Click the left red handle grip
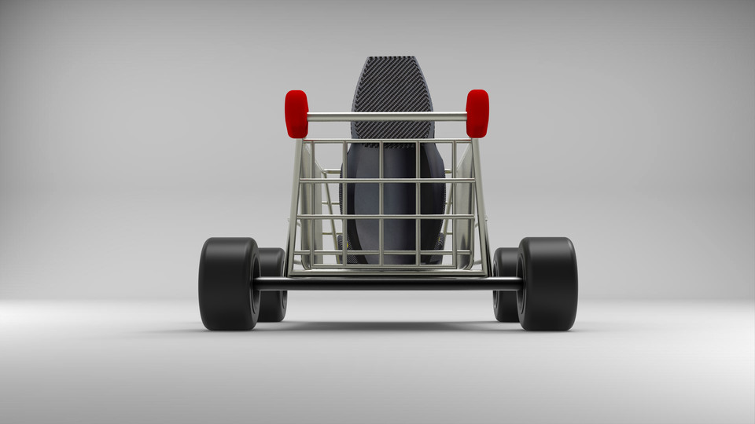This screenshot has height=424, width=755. [x=296, y=114]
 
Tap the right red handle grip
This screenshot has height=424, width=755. [x=477, y=113]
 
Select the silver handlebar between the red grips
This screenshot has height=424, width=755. [x=386, y=117]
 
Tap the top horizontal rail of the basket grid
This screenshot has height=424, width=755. [x=386, y=141]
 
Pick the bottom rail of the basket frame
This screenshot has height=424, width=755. [x=388, y=272]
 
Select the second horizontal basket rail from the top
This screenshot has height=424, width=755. [x=386, y=181]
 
